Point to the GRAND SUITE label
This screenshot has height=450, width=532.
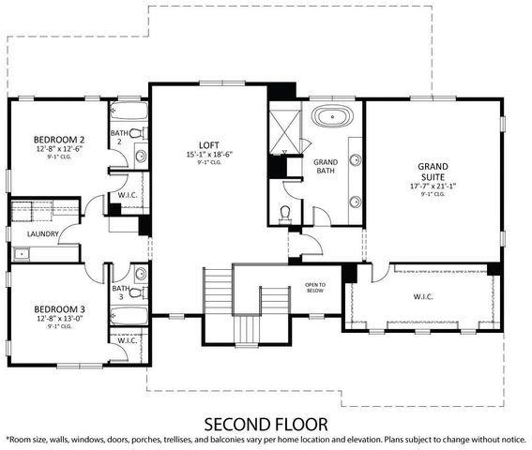tap(433, 171)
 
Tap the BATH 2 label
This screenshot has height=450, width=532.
tap(121, 138)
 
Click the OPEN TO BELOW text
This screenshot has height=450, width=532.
tap(314, 288)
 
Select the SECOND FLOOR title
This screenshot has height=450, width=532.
tap(266, 421)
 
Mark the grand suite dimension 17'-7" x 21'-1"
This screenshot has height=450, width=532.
tap(433, 187)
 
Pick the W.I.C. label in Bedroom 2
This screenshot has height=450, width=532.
tap(128, 195)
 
